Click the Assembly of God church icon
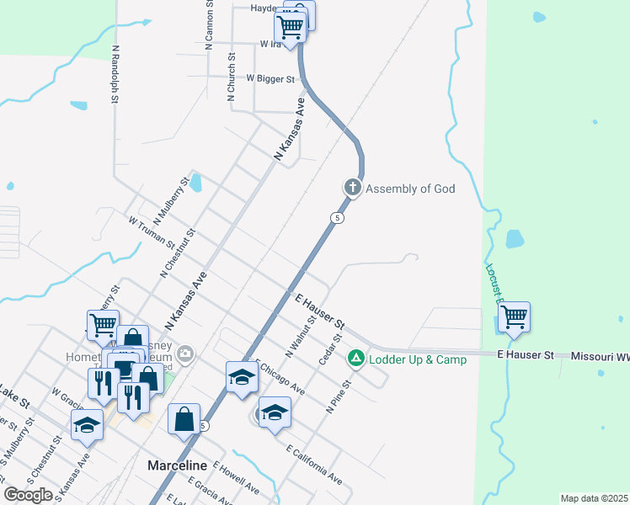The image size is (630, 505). (x=353, y=188)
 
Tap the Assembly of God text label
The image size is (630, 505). (x=410, y=189)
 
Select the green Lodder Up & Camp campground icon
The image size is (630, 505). (x=356, y=359)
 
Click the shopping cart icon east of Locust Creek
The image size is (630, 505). (x=513, y=317)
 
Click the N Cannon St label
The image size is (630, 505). (x=211, y=25)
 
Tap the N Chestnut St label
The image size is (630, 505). (x=179, y=252)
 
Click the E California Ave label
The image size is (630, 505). (x=314, y=465)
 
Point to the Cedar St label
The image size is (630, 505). (x=329, y=349)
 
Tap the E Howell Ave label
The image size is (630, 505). (x=236, y=476)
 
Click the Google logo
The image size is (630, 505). (x=28, y=495)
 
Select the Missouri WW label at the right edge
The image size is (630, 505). (x=600, y=357)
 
